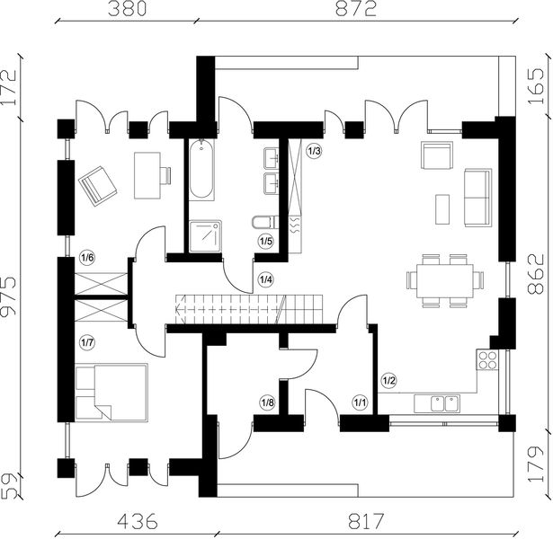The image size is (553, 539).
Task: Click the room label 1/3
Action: pyautogui.click(x=313, y=151)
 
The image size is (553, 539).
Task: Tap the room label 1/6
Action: pyautogui.click(x=87, y=259)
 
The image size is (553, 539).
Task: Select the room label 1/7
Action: pyautogui.click(x=87, y=341)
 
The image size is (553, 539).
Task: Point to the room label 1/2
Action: pyautogui.click(x=389, y=380)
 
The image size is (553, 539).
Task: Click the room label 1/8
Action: pyautogui.click(x=267, y=402)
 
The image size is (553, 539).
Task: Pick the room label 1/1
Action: pyautogui.click(x=361, y=402)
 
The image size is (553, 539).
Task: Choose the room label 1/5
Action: pyautogui.click(x=265, y=241)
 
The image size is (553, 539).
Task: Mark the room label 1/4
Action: pyautogui.click(x=265, y=279)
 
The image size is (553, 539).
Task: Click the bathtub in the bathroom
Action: pyautogui.click(x=202, y=170)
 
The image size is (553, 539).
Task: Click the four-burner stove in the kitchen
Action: pyautogui.click(x=488, y=361)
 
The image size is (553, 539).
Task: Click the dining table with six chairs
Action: pyautogui.click(x=444, y=279)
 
